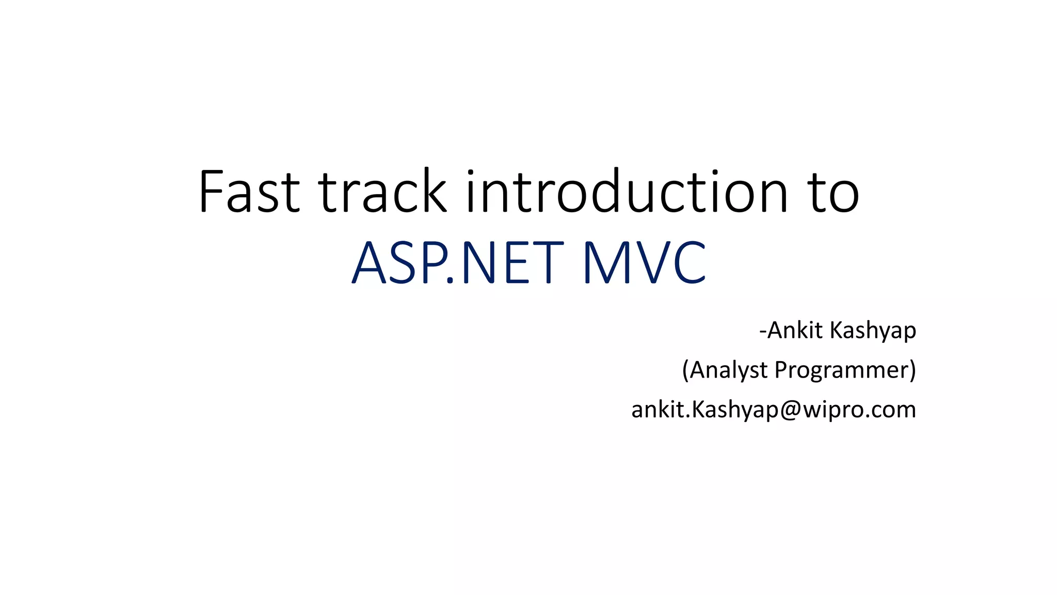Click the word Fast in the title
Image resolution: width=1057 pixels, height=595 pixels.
click(x=249, y=192)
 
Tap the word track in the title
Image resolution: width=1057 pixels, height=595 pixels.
click(x=382, y=192)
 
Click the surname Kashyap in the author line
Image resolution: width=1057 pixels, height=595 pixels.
click(x=873, y=331)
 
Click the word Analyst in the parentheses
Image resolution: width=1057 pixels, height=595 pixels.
click(x=729, y=370)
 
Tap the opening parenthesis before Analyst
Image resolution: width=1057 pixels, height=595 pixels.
click(x=686, y=370)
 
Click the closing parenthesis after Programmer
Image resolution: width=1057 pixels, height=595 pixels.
click(x=912, y=370)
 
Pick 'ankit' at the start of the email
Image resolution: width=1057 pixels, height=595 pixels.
click(x=658, y=410)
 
